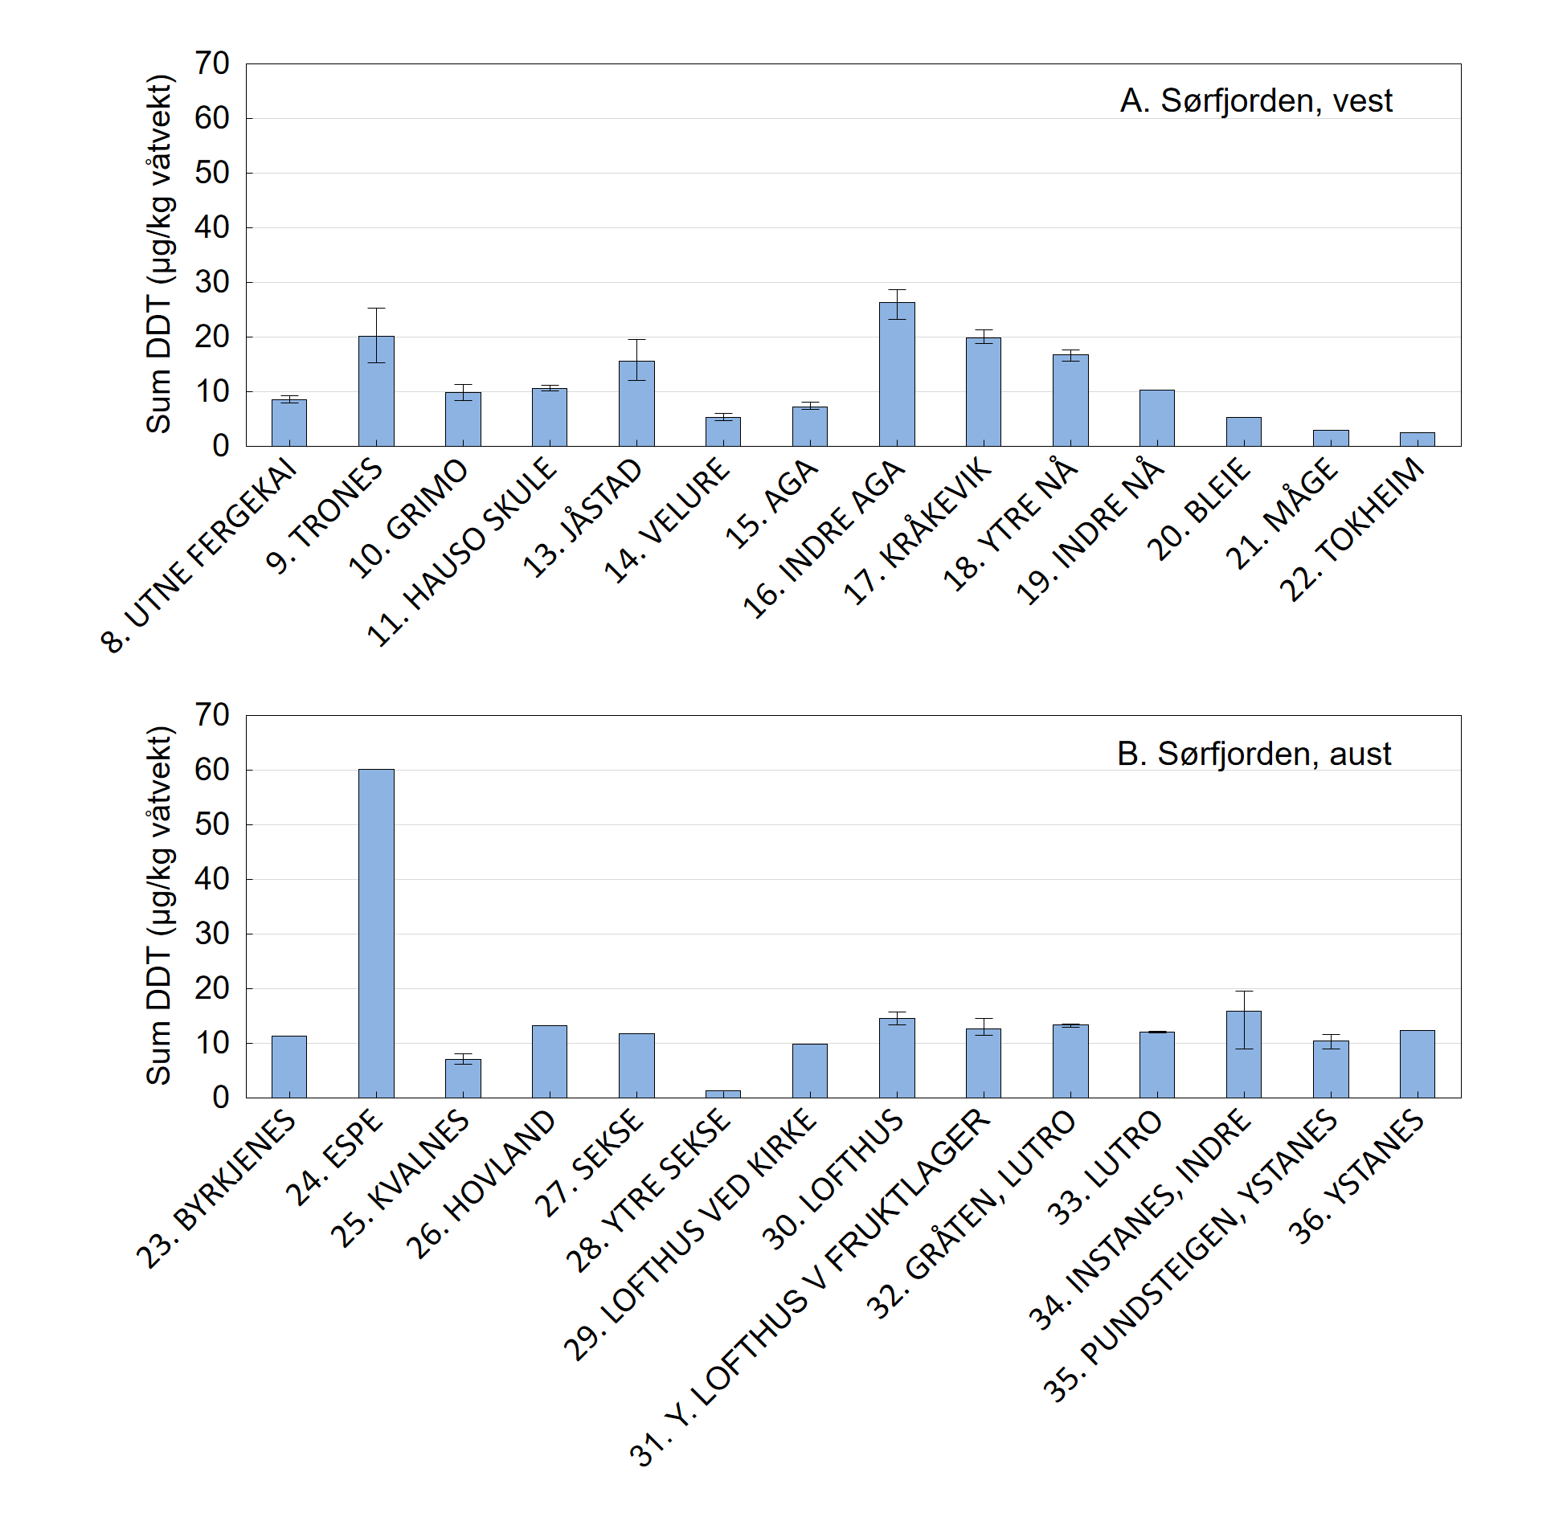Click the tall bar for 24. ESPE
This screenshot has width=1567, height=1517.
coord(376,932)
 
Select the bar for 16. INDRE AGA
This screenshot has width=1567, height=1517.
coord(897,374)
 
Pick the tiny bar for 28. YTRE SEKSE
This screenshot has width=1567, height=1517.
coord(723,1094)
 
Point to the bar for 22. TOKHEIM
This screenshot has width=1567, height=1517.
coord(1418,440)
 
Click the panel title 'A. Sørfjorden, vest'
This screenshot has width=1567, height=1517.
coord(1256,101)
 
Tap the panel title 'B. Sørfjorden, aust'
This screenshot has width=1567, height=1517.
coord(1254,754)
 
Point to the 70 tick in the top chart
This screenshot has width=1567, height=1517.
coord(212,63)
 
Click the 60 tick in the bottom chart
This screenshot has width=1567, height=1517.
coord(212,770)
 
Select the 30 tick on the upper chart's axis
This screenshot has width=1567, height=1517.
coord(212,282)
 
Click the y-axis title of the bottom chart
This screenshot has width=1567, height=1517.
coord(159,906)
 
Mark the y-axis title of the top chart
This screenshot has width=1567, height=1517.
coord(159,254)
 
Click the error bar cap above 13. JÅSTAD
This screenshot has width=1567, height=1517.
coord(636,340)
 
